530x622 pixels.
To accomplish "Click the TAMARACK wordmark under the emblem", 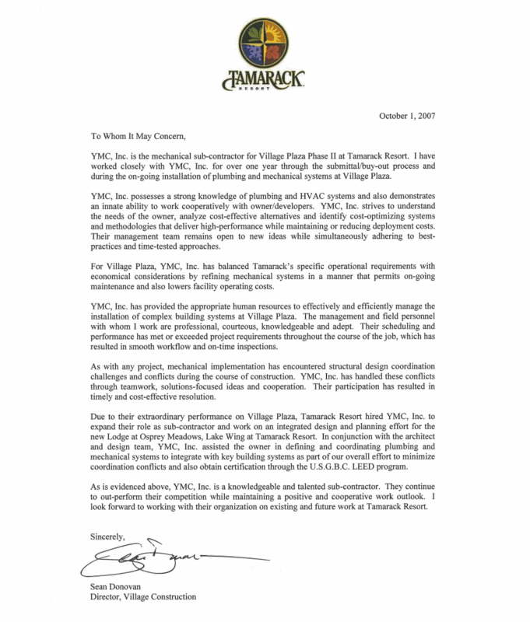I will point(265,79).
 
